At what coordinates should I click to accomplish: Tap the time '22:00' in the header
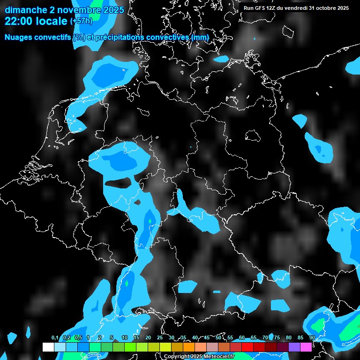click(x=17, y=21)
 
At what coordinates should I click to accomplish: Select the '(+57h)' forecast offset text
click(x=81, y=21)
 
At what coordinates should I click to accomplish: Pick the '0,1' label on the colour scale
click(x=55, y=337)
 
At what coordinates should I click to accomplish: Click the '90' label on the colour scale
click(x=312, y=337)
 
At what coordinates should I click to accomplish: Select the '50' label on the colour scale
click(x=218, y=337)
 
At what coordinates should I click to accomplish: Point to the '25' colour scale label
click(x=160, y=337)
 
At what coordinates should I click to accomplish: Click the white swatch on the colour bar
click(x=48, y=347)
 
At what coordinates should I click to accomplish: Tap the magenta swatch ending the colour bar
click(x=306, y=347)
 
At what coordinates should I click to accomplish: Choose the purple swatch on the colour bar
click(x=294, y=347)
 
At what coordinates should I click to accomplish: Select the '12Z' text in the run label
click(x=274, y=8)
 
